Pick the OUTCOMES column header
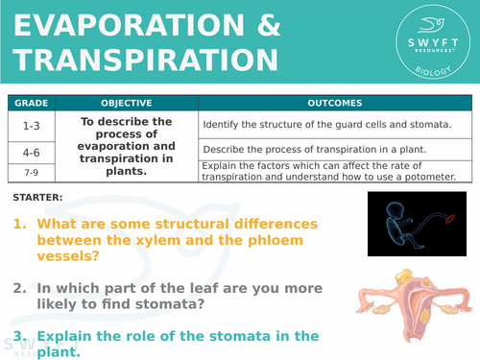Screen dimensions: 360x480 (x=334, y=103)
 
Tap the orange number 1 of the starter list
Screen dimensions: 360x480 (x=20, y=224)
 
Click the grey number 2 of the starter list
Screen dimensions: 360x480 (x=20, y=288)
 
